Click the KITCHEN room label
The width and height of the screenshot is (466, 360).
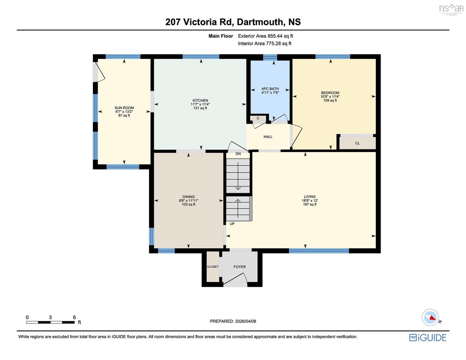tap(200, 100)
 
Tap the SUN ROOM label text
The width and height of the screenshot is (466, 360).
tap(124, 108)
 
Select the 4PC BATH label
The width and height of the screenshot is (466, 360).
tap(270, 89)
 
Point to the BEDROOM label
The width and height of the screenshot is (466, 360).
tap(330, 93)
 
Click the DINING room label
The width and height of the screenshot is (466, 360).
tap(188, 197)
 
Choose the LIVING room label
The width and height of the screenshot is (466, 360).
tap(310, 197)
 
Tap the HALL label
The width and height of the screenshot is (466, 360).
tap(268, 137)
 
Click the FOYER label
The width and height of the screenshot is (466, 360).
tap(240, 267)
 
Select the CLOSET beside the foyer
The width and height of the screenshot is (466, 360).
tap(213, 267)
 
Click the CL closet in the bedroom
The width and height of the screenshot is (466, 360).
tap(357, 143)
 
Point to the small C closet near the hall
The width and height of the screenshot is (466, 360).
tap(258, 118)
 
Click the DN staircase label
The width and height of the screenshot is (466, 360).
tap(238, 154)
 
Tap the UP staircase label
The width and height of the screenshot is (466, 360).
tap(232, 224)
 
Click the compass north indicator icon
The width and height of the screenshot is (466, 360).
tap(430, 317)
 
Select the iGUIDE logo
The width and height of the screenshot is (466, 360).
tap(428, 338)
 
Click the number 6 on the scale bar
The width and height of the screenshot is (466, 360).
tap(74, 317)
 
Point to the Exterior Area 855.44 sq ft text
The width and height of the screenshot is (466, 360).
tap(266, 36)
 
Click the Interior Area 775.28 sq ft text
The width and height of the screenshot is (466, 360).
tap(265, 44)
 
